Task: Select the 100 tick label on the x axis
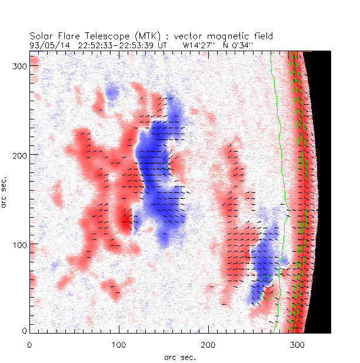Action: coord(119,345)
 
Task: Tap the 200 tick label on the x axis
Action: coord(208,345)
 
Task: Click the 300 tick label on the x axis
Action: coord(297,345)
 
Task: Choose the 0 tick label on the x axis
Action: coord(29,345)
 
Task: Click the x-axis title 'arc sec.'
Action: coord(179,357)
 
